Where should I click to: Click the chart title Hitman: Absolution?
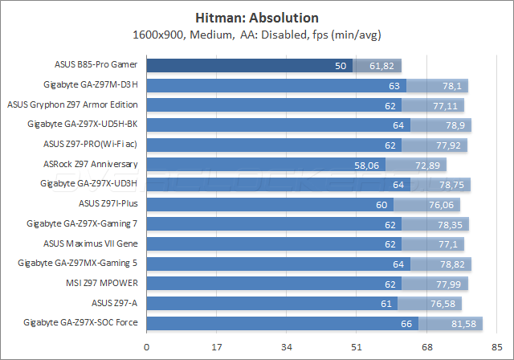point(257,18)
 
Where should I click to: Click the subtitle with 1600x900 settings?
point(257,35)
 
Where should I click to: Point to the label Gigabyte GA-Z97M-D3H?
point(92,84)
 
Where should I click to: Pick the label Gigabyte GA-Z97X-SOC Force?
point(83,322)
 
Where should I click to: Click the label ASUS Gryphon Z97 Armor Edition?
point(72,104)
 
